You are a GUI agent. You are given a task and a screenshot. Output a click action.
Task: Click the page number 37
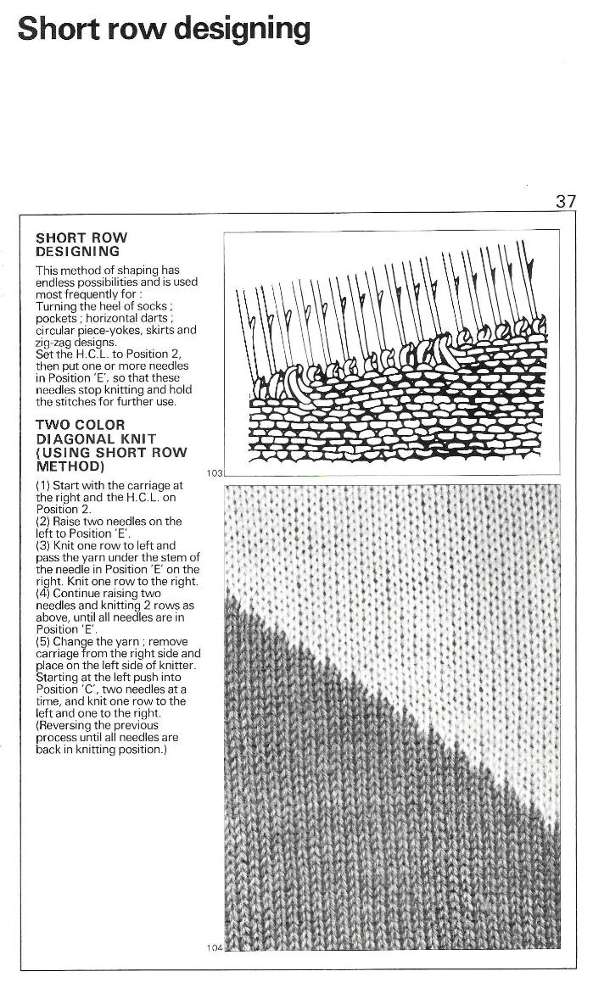(566, 201)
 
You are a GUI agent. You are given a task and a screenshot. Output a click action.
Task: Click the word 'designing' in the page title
(242, 30)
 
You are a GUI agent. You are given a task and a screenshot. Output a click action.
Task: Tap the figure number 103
(213, 473)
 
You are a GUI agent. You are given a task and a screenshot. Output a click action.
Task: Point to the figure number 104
(214, 946)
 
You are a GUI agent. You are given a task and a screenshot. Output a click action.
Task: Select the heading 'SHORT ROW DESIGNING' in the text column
(81, 245)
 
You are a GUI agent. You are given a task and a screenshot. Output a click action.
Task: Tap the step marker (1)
(43, 485)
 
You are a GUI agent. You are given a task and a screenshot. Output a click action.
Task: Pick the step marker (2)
(43, 521)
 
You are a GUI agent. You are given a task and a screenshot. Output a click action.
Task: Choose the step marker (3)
(43, 545)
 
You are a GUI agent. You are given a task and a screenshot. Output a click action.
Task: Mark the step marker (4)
(43, 594)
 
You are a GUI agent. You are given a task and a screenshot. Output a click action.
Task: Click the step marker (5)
(43, 642)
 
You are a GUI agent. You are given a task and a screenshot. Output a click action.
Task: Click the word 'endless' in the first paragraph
(57, 282)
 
